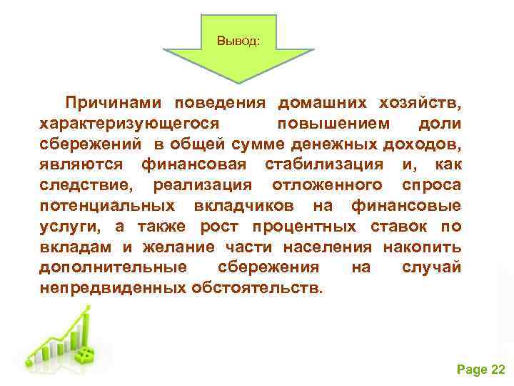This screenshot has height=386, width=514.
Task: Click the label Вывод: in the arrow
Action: (238, 41)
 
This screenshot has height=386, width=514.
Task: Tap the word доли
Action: (440, 124)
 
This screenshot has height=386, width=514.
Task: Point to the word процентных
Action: (314, 227)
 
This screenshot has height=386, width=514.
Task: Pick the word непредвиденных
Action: (112, 289)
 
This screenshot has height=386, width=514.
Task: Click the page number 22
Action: (498, 369)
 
